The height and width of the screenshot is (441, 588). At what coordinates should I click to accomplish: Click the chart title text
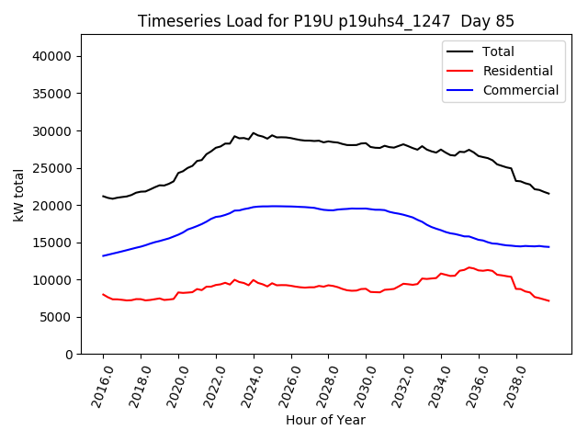coord(325,21)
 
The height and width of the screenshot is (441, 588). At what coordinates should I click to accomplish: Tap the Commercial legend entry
coord(520,90)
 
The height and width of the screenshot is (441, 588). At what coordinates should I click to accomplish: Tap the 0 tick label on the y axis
coord(69,355)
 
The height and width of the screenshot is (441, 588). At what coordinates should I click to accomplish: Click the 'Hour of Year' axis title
coord(325,420)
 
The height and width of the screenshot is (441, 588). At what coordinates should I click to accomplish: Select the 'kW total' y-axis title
coord(18,195)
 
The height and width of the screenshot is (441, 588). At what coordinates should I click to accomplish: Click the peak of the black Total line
coord(254,132)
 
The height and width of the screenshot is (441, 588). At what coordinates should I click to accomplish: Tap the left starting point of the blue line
coord(103,255)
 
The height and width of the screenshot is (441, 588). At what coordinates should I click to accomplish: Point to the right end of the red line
coord(548,300)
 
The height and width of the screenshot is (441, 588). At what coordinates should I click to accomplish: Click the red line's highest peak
coord(469,267)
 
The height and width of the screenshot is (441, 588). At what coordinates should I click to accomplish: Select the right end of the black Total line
coord(548,193)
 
